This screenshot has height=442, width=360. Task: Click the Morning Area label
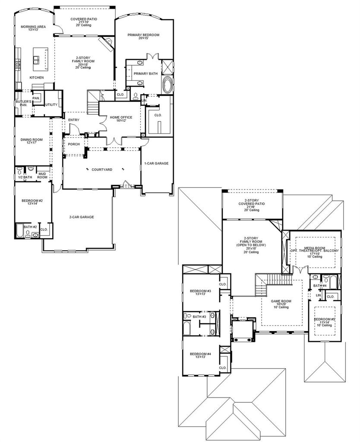point(33,27)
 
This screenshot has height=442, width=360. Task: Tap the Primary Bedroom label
point(143,35)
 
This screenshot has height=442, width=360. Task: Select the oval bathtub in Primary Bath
point(167,84)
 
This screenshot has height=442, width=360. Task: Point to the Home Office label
point(121,117)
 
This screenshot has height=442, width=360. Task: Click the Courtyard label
point(102,170)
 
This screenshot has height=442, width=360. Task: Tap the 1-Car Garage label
point(156,163)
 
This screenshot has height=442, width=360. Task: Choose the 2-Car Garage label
point(82,217)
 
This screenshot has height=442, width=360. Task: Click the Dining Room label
point(32,139)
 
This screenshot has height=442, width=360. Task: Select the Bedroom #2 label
point(32,201)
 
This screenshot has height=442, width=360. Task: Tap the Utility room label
point(51,104)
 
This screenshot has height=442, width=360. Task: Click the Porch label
point(74,144)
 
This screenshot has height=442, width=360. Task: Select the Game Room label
point(281,301)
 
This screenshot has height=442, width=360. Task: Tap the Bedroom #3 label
point(200,291)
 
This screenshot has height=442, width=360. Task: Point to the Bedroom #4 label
point(200,354)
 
